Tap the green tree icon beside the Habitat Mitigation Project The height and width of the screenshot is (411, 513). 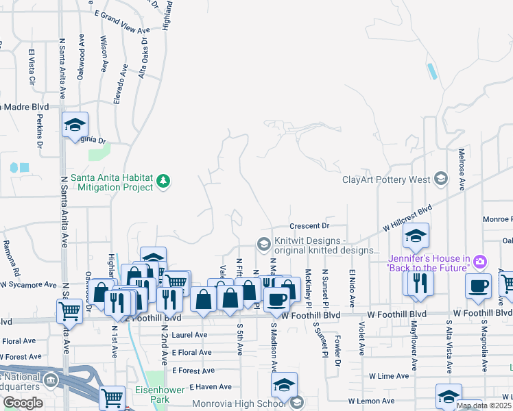[163, 182]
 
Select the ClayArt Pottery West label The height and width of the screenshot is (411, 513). [386, 180]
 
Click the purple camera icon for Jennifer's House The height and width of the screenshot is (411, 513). [479, 261]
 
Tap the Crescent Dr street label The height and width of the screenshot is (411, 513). [310, 225]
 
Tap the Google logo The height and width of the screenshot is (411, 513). [23, 403]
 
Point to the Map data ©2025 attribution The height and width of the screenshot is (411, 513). [483, 406]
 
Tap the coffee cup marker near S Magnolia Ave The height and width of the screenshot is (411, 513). [478, 286]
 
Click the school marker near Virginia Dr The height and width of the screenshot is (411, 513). [75, 125]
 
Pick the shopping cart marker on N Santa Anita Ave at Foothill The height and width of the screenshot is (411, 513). [69, 311]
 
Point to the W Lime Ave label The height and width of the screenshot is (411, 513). [387, 376]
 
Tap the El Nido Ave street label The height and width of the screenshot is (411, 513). [351, 288]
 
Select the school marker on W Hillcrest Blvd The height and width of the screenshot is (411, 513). [415, 237]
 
